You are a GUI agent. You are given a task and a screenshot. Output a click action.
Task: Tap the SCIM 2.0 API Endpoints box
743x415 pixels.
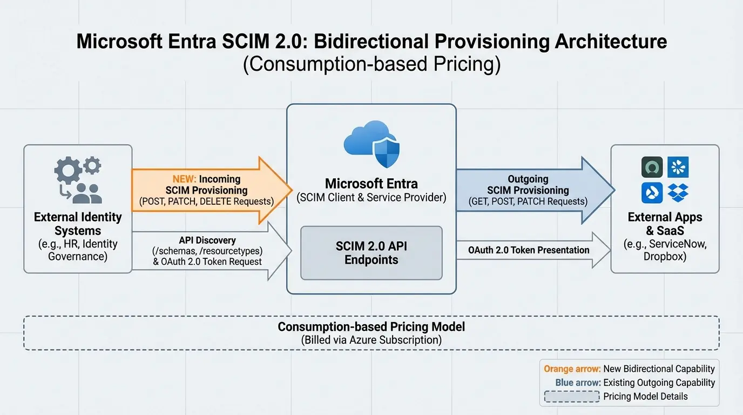click(371, 253)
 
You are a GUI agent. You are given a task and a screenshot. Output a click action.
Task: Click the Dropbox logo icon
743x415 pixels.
click(678, 192)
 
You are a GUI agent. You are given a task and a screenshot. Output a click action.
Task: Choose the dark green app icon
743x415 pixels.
click(652, 168)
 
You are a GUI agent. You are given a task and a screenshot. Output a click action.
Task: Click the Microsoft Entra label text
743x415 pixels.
click(371, 184)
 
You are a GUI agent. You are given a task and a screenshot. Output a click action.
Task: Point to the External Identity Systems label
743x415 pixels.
click(78, 224)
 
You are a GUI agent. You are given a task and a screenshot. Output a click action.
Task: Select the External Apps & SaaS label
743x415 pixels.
click(665, 224)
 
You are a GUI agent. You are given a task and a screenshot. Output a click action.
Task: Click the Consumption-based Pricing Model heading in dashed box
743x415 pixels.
click(371, 327)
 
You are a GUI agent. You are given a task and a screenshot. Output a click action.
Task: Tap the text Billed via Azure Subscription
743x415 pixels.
click(371, 340)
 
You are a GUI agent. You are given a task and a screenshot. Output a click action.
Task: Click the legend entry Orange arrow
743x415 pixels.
click(572, 369)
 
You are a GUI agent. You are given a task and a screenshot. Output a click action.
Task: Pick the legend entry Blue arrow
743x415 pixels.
click(578, 383)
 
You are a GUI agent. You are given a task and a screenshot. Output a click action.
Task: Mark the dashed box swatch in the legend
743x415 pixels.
click(572, 397)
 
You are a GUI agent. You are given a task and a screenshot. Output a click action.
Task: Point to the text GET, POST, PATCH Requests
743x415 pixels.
click(528, 202)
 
